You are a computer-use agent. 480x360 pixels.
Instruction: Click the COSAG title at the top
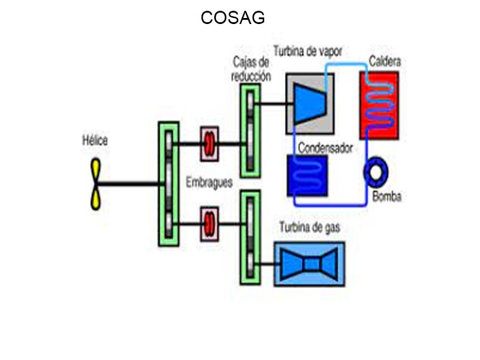click(233, 18)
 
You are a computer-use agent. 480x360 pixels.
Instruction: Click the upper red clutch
click(209, 144)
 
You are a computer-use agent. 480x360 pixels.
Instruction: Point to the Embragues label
click(209, 183)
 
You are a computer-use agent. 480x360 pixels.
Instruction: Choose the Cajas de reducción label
click(250, 69)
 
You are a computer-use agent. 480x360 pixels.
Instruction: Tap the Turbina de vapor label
click(307, 52)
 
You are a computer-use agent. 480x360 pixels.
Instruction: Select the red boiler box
click(379, 106)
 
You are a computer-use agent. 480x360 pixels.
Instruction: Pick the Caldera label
click(385, 61)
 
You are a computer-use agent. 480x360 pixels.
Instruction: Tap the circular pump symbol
click(377, 172)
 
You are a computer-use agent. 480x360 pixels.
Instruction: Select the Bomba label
click(386, 197)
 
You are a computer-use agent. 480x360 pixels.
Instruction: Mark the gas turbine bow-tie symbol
click(310, 264)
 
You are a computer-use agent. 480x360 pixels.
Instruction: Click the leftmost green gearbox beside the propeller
click(169, 184)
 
